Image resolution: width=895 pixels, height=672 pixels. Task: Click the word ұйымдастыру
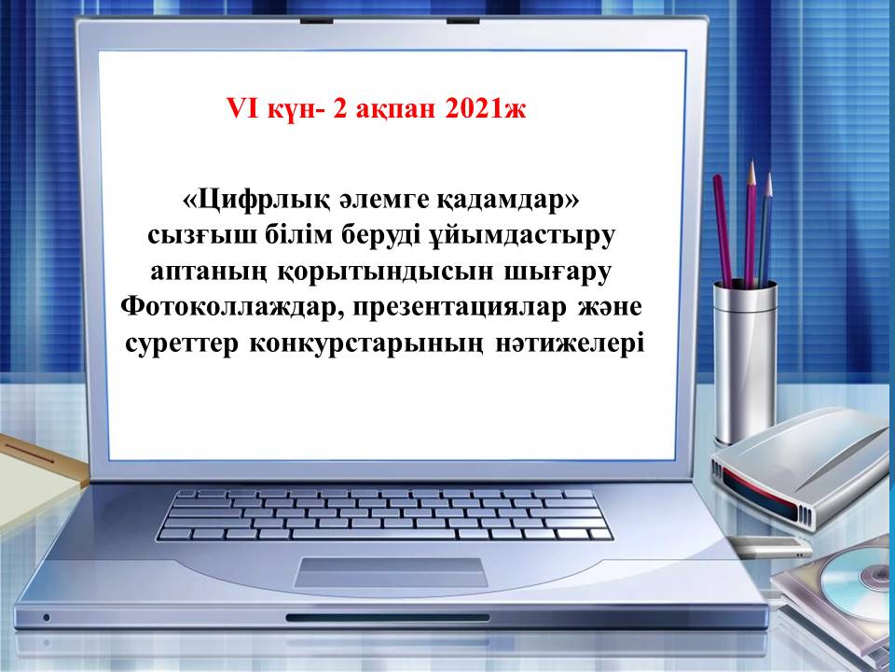coord(522,236)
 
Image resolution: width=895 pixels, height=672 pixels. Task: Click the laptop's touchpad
coord(392,572)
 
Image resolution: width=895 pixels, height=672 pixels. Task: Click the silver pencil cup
coord(744,360)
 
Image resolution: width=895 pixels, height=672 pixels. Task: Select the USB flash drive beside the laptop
coord(770,548)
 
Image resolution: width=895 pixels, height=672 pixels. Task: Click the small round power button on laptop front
coord(47,618)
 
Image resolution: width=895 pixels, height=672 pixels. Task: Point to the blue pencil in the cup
coord(764,229)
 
